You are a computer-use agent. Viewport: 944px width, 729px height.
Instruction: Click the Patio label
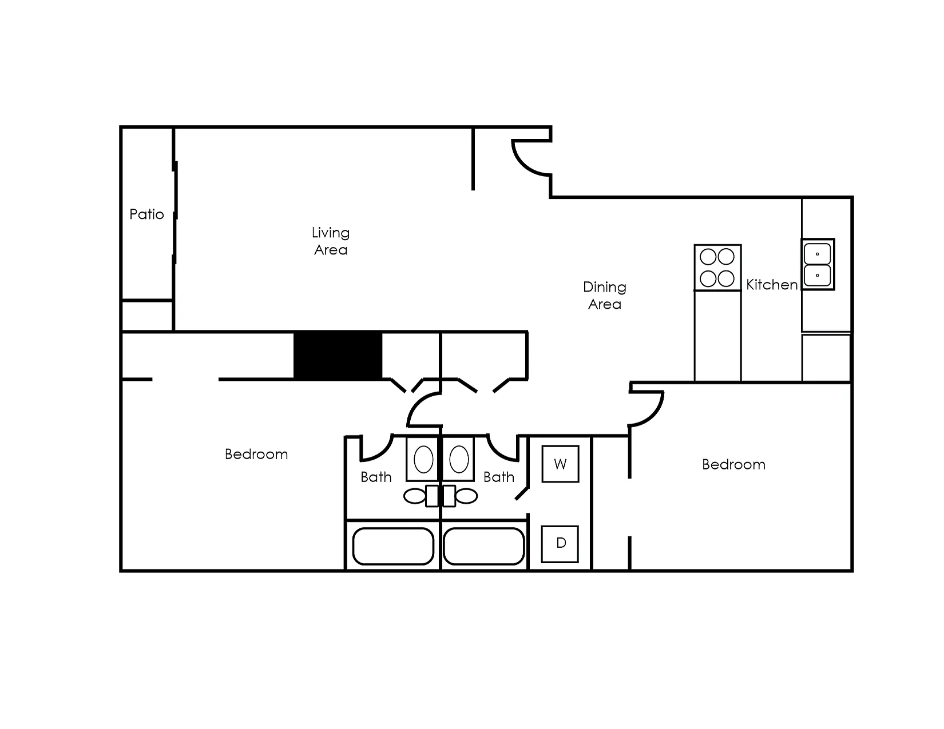(x=146, y=214)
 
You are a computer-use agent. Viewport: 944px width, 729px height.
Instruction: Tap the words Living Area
(x=331, y=241)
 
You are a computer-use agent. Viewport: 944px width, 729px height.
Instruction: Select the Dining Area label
(x=604, y=295)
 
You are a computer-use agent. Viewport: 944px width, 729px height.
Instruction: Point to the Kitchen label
(x=772, y=285)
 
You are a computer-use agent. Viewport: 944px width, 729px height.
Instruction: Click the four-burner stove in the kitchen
(x=717, y=268)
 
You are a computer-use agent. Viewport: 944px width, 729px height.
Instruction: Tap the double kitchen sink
(x=818, y=264)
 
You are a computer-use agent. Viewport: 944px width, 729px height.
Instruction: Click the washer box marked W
(x=561, y=464)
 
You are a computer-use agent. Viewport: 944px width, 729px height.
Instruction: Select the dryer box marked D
(x=560, y=544)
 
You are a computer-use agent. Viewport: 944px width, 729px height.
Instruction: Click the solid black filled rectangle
(x=338, y=355)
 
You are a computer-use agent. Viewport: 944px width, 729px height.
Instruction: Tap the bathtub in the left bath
(x=393, y=546)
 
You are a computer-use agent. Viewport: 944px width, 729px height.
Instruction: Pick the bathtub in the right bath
(x=483, y=546)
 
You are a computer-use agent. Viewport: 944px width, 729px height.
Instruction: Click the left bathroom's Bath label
(x=376, y=477)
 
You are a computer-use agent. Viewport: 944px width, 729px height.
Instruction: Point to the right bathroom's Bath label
(x=499, y=477)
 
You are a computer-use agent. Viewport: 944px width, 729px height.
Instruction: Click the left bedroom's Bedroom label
(x=256, y=454)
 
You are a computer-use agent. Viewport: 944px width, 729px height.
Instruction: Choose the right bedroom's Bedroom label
(x=733, y=465)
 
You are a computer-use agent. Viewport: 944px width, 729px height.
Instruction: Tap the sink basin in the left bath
(x=423, y=459)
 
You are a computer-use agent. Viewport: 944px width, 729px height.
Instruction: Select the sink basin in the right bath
(x=459, y=459)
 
